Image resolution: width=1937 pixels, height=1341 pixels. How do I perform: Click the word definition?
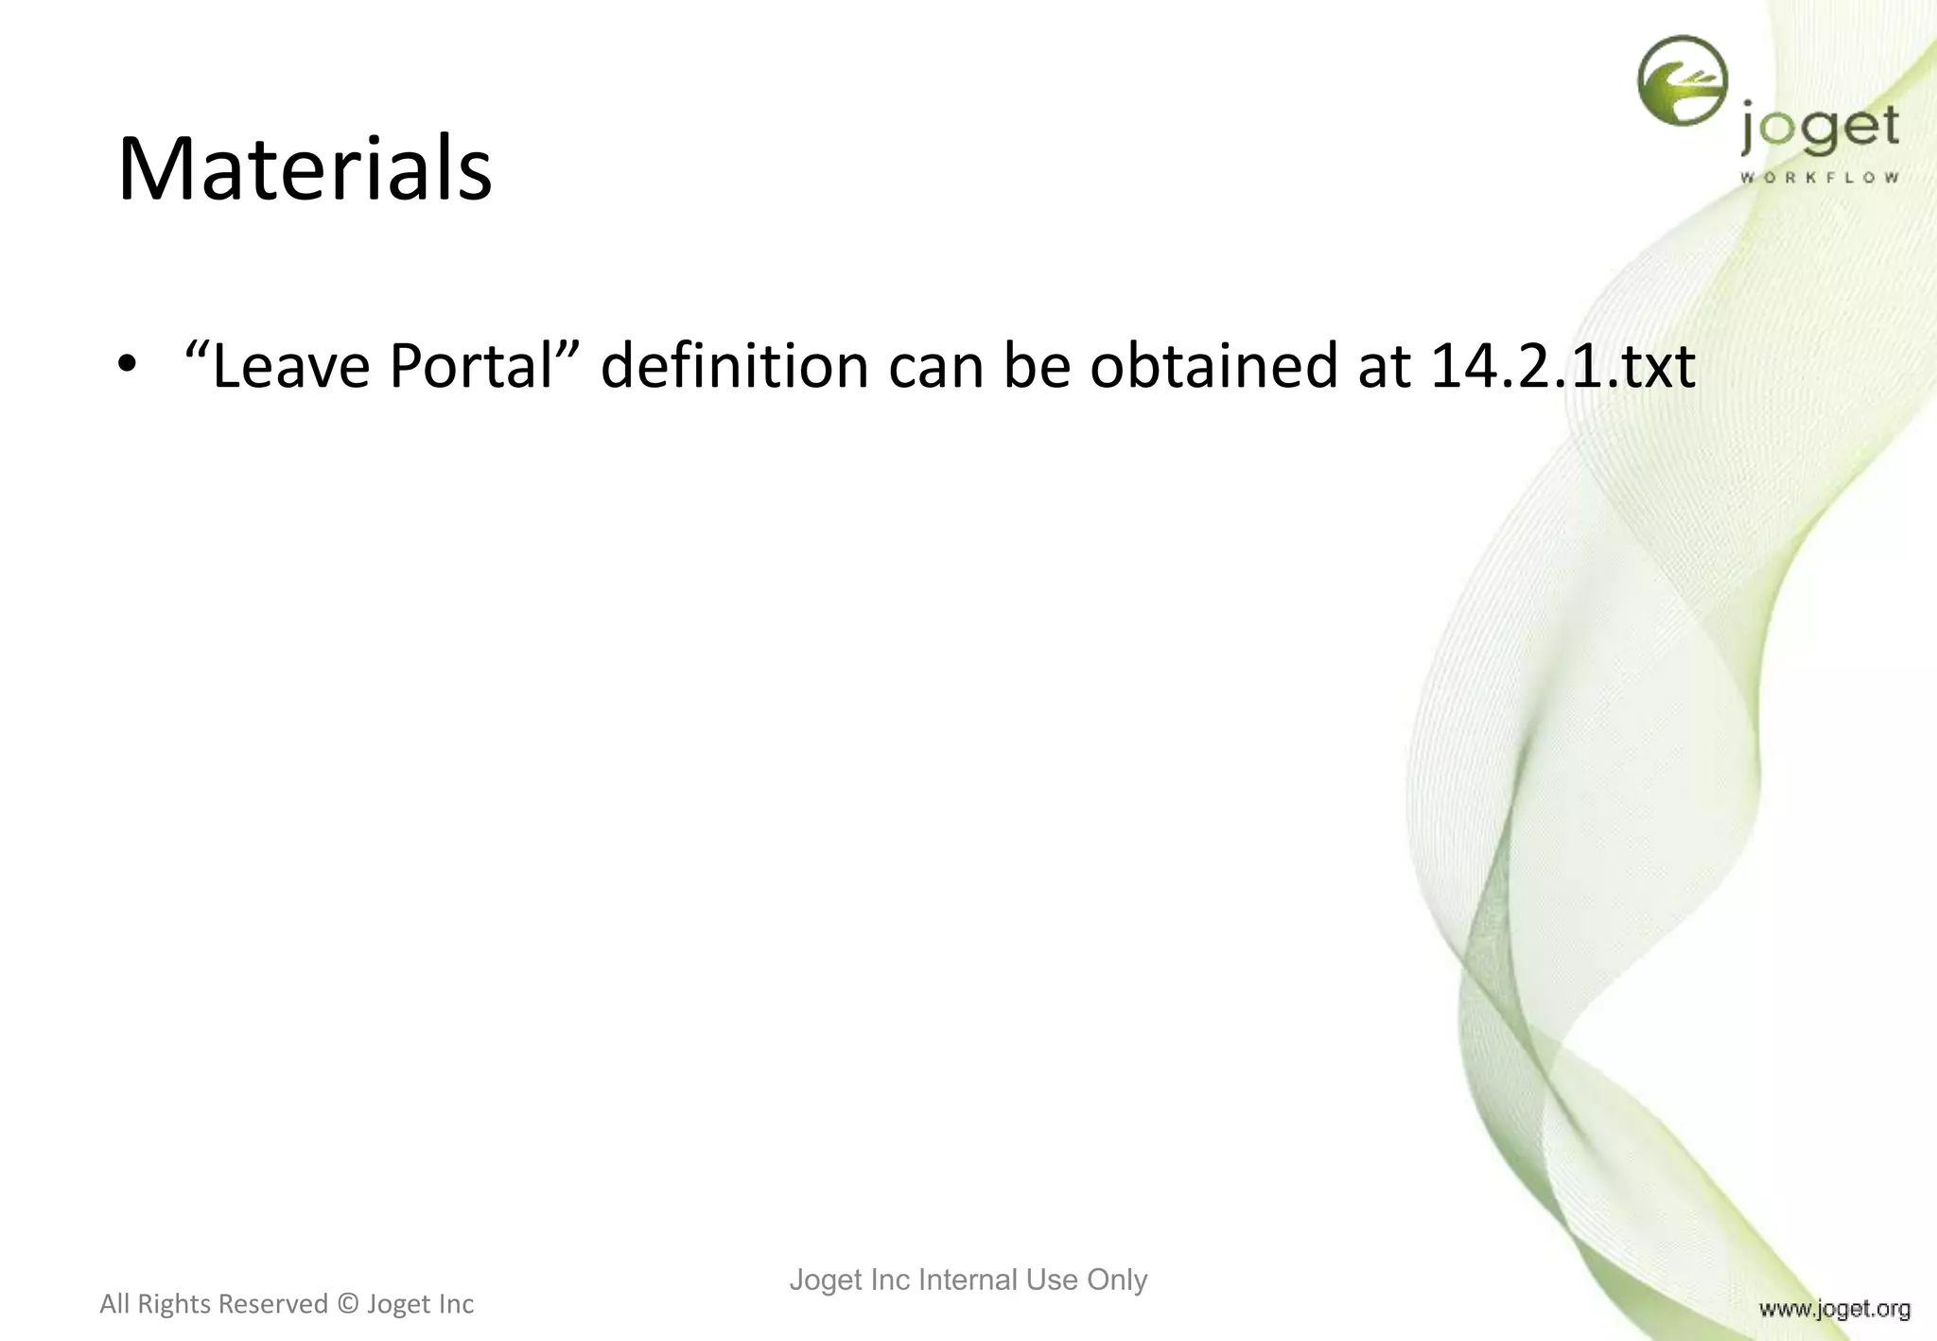(x=734, y=366)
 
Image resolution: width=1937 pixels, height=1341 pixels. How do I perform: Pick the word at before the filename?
(x=1385, y=366)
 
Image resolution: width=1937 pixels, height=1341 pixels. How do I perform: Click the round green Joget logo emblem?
(x=1682, y=80)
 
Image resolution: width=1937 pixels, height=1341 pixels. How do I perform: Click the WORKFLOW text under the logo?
(x=1819, y=178)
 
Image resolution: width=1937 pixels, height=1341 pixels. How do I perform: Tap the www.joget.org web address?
(x=1834, y=1309)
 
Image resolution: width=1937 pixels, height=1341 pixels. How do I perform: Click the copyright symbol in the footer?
(x=347, y=1304)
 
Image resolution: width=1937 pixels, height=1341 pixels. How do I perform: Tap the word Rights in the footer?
(x=174, y=1304)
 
